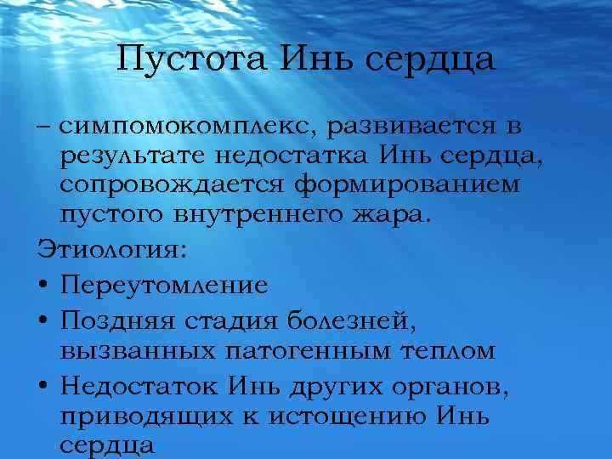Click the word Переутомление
point(164,285)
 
